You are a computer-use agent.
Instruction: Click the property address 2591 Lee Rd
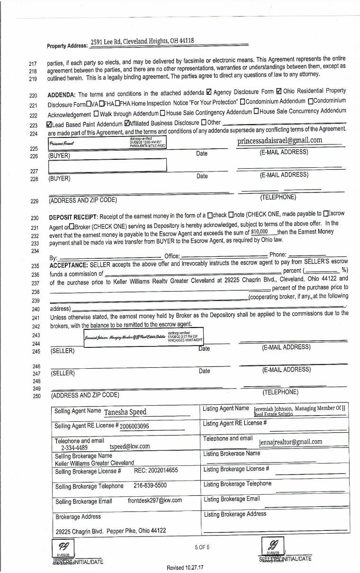click(x=142, y=41)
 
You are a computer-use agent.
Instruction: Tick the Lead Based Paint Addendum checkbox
click(x=50, y=124)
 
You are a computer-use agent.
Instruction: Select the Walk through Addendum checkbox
click(x=96, y=113)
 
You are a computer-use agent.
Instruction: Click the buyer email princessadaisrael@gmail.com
click(x=279, y=140)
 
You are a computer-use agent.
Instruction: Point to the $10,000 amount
click(x=260, y=232)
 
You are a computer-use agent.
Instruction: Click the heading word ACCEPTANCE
click(x=68, y=264)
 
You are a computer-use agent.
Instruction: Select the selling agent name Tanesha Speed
click(x=125, y=412)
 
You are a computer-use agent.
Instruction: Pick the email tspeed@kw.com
click(x=129, y=446)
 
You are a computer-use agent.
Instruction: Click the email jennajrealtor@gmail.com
click(x=290, y=442)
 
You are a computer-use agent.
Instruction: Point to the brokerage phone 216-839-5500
click(x=150, y=486)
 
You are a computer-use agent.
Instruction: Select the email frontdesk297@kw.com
click(x=154, y=500)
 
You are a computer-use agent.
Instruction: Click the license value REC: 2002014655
click(x=156, y=470)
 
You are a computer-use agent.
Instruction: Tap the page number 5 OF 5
click(x=202, y=547)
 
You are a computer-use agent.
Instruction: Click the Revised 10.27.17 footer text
click(x=185, y=567)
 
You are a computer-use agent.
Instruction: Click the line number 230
click(x=35, y=218)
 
